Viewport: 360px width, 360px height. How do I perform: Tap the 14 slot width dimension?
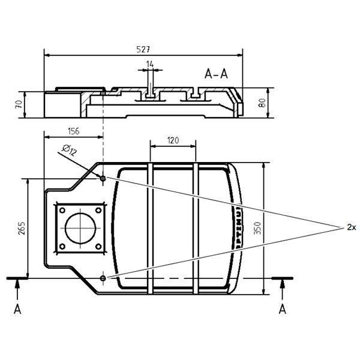click(149, 63)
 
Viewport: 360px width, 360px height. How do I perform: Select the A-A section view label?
click(216, 74)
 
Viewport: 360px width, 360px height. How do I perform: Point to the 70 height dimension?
click(19, 104)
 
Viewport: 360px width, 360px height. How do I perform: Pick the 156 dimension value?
click(73, 130)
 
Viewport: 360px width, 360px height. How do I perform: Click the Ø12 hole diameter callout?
click(69, 151)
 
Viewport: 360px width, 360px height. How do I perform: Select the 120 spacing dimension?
click(173, 140)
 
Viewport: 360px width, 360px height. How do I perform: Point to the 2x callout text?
click(352, 227)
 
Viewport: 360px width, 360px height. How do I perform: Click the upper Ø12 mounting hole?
click(103, 178)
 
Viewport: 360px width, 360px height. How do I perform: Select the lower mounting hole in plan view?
click(103, 278)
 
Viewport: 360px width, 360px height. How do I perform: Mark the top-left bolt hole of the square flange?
click(61, 209)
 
